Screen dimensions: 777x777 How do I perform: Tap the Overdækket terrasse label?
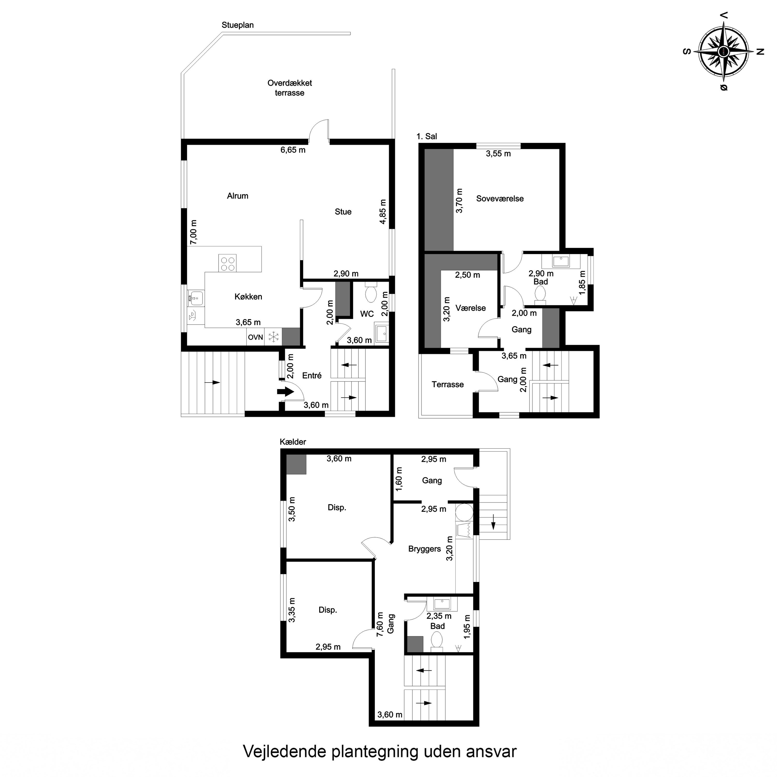(x=290, y=88)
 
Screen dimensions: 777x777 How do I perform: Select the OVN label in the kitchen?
(x=255, y=337)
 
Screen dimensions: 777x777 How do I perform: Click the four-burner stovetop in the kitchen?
(x=227, y=263)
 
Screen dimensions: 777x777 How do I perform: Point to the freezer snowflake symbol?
(x=274, y=337)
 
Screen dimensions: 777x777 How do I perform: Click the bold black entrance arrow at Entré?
(x=285, y=391)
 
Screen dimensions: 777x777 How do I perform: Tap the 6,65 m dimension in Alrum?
(x=293, y=150)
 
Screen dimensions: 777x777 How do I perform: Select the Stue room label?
(x=343, y=212)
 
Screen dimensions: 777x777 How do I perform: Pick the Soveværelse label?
(x=500, y=198)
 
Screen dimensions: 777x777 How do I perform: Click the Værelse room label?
(x=471, y=308)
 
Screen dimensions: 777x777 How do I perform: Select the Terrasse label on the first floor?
(x=448, y=384)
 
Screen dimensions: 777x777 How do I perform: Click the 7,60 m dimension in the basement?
(x=379, y=624)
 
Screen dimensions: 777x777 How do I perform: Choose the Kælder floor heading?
(x=293, y=442)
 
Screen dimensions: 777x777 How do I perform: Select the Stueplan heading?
(x=238, y=25)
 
